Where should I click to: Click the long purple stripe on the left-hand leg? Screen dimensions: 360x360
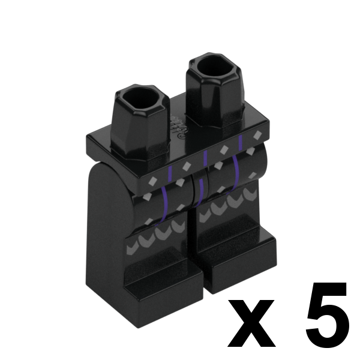(164, 204)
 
